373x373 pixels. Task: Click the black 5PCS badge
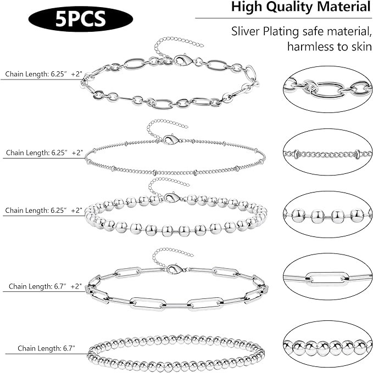tap(80, 19)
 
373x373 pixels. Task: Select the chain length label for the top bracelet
tap(43, 74)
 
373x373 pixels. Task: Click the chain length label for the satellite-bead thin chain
tap(43, 152)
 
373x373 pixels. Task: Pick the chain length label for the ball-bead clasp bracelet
tap(43, 211)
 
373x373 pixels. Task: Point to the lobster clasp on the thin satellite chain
tap(172, 140)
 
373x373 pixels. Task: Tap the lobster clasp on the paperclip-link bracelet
tap(175, 269)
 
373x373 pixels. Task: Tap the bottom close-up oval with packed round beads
tap(327, 347)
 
